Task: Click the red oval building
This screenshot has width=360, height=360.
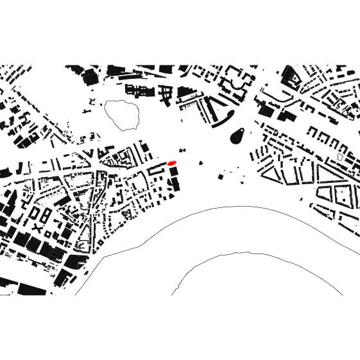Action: pyautogui.click(x=171, y=164)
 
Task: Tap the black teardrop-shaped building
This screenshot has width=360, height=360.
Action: pyautogui.click(x=237, y=134)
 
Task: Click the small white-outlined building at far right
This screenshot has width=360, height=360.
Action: pyautogui.click(x=341, y=156)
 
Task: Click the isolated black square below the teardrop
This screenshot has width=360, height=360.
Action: pyautogui.click(x=221, y=175)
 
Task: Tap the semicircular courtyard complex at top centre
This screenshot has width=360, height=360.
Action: pyautogui.click(x=238, y=80)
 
